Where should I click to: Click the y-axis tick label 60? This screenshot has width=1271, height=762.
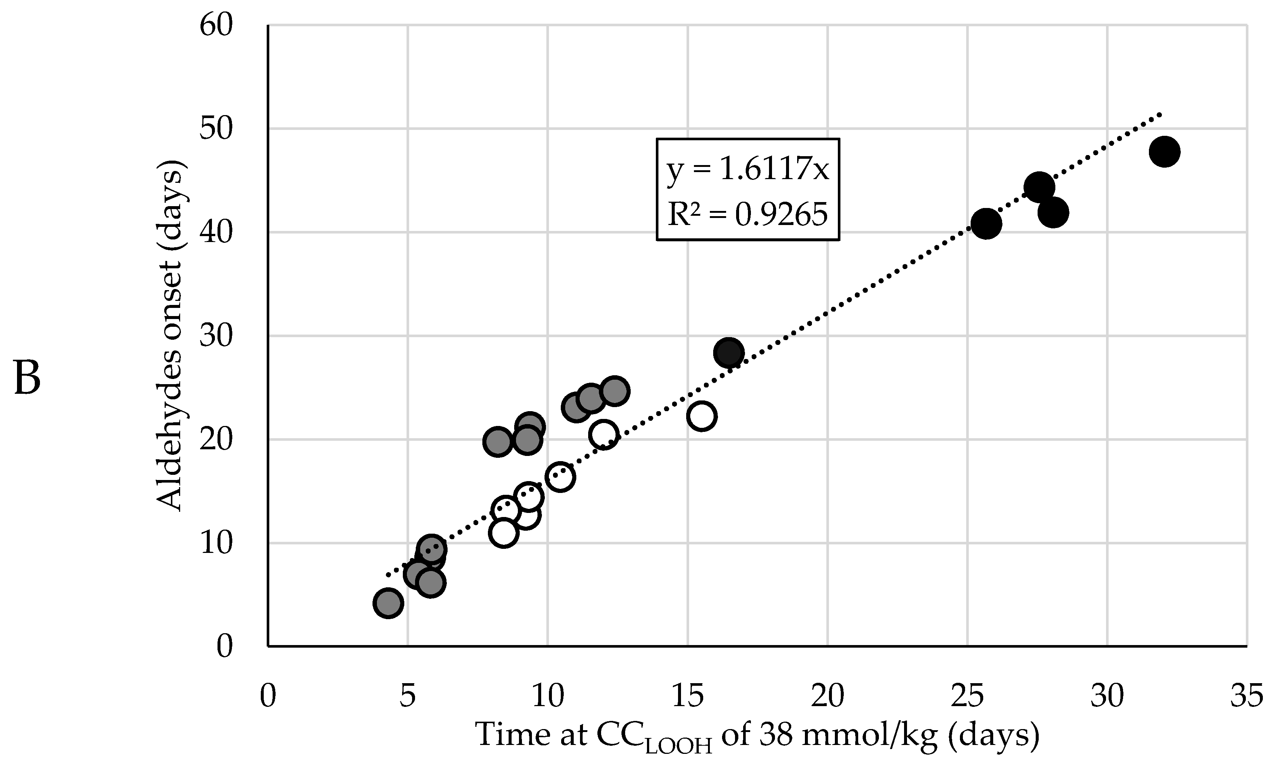point(216,26)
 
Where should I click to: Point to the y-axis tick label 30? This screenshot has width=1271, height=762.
point(216,336)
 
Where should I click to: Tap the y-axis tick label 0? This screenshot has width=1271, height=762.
point(224,647)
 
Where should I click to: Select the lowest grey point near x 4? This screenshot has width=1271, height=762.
point(388,603)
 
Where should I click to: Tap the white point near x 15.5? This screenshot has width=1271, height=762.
point(701,416)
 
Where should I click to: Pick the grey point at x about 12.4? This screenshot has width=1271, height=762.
point(615,391)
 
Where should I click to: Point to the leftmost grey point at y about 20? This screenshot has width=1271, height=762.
point(497,442)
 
